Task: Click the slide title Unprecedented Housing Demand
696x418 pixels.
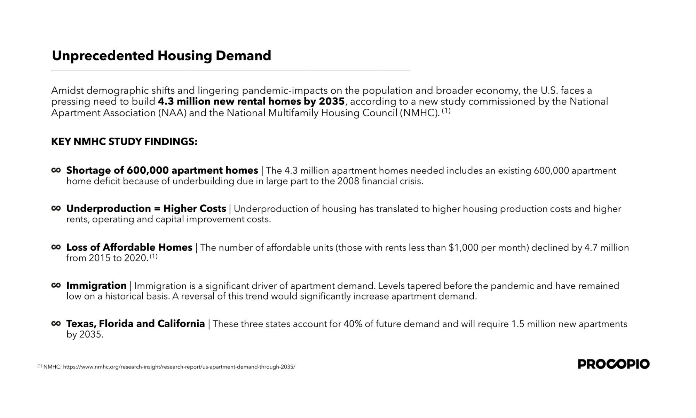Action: point(161,56)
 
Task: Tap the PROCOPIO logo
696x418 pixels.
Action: point(614,364)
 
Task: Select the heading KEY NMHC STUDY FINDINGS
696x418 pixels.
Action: point(124,142)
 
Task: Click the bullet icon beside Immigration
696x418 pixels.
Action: point(56,285)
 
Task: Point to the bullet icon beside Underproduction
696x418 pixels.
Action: point(56,208)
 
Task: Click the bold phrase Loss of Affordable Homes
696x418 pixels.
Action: point(129,247)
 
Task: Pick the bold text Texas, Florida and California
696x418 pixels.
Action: point(135,324)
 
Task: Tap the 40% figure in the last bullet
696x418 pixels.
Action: point(353,324)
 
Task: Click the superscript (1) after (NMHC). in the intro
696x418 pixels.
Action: point(446,111)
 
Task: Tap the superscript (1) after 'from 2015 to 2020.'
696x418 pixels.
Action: point(154,257)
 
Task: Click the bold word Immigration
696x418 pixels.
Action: point(96,286)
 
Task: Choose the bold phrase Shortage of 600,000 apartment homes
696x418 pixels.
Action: point(162,170)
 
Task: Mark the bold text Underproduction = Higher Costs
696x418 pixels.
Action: point(146,209)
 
